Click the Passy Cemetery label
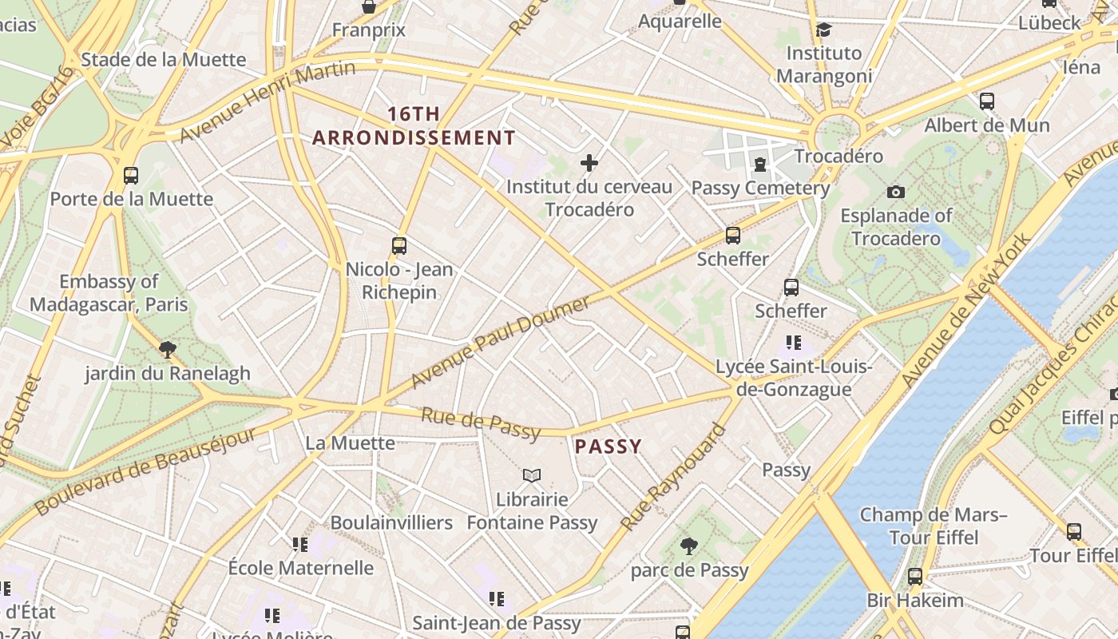pyautogui.click(x=760, y=189)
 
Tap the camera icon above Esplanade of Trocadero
pyautogui.click(x=895, y=192)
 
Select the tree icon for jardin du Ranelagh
pyautogui.click(x=168, y=349)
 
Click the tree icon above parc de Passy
pyautogui.click(x=688, y=546)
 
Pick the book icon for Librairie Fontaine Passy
pyautogui.click(x=532, y=475)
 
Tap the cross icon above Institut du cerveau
pyautogui.click(x=589, y=164)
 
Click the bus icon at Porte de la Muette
pyautogui.click(x=131, y=175)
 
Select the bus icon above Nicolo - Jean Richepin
pyautogui.click(x=399, y=246)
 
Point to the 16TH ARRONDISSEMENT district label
pyautogui.click(x=414, y=126)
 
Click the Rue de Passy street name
pyautogui.click(x=481, y=423)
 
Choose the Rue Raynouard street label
pyautogui.click(x=674, y=477)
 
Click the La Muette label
pyautogui.click(x=350, y=443)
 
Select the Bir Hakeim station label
pyautogui.click(x=915, y=600)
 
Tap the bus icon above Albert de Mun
pyautogui.click(x=987, y=101)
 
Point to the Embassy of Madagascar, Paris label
pyautogui.click(x=109, y=292)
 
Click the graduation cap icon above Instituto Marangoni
pyautogui.click(x=823, y=30)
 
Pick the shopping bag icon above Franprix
pyautogui.click(x=369, y=7)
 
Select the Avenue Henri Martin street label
pyautogui.click(x=268, y=101)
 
